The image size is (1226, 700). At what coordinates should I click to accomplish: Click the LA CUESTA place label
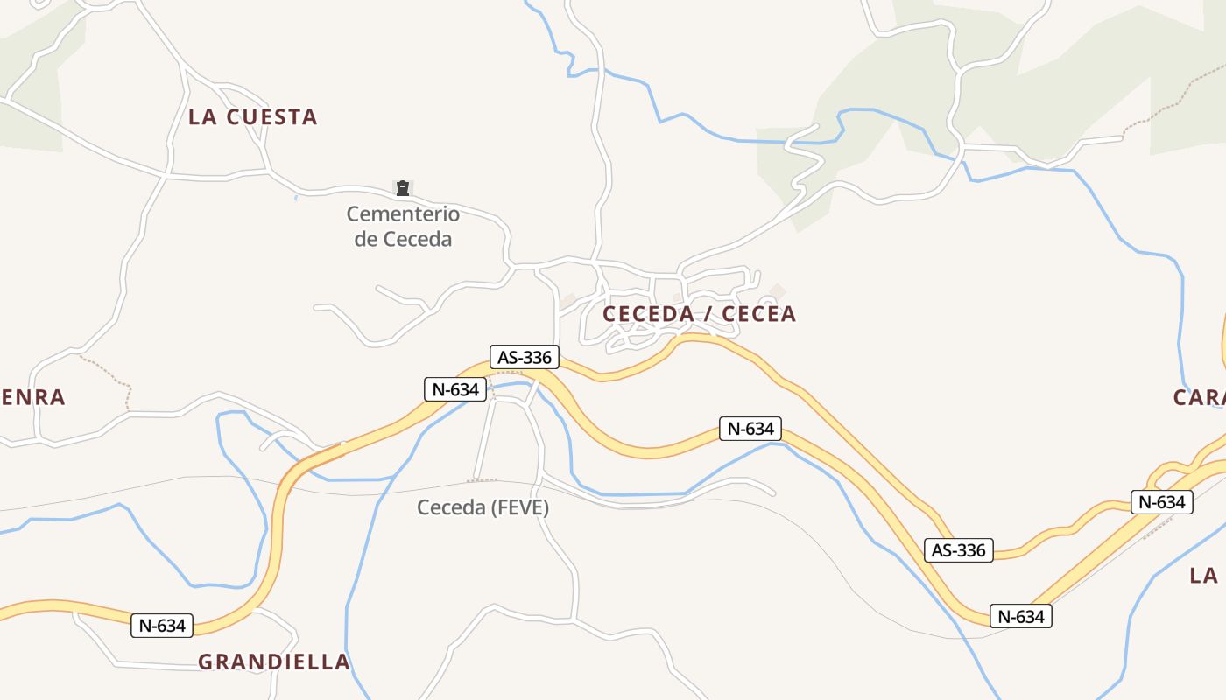252,116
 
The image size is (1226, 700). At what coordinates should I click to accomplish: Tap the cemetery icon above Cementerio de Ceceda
402,187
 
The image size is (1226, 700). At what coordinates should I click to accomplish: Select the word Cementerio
403,213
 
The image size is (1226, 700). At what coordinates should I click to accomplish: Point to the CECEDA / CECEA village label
699,314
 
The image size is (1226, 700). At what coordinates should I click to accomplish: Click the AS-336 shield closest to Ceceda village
525,357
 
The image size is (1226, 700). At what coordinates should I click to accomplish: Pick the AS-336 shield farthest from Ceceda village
958,550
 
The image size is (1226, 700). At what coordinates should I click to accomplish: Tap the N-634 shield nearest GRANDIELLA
162,626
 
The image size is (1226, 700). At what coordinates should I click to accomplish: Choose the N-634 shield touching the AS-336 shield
455,389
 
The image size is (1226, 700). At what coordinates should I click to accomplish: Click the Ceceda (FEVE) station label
483,507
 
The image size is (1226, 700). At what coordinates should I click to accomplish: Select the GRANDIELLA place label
274,661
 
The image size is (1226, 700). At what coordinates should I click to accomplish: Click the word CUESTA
271,116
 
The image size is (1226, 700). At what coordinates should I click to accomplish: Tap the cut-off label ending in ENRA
32,397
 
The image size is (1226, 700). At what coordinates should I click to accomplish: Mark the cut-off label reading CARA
1199,397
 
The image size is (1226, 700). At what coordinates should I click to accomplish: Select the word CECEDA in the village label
647,314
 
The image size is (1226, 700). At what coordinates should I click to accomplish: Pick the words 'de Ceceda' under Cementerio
403,239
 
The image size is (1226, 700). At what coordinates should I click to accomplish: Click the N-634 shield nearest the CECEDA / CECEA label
750,429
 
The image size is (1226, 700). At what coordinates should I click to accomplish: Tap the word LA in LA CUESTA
202,116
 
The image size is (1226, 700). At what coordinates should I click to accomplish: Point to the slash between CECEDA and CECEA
704,314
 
